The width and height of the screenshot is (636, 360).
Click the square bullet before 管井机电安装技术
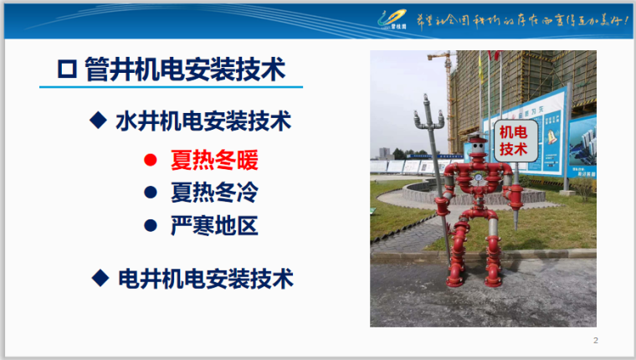65,69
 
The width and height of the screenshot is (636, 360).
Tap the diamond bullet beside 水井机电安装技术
99,121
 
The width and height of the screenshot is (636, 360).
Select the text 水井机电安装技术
203,121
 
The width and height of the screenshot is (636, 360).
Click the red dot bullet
151,159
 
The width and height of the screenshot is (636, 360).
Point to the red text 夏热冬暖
214,159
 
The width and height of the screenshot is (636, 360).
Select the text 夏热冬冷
214,193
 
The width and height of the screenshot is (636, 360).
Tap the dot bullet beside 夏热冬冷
151,193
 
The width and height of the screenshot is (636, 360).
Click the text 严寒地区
214,226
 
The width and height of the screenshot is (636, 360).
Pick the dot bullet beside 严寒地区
151,226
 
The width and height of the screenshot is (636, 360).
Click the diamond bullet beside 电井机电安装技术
99,277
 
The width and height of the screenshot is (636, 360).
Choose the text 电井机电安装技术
205,278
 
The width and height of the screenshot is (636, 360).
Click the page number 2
596,340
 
